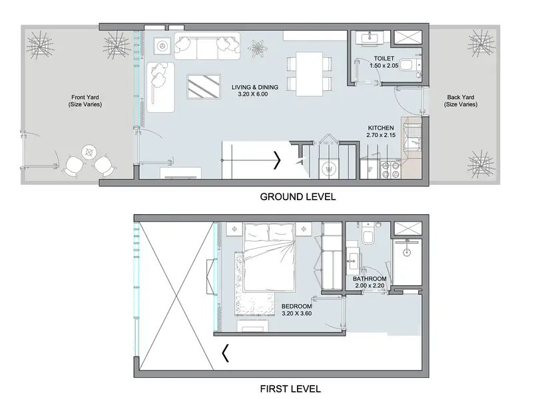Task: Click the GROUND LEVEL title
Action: [298, 197]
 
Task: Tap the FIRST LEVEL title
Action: [290, 389]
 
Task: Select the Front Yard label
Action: [85, 97]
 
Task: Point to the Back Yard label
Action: [461, 97]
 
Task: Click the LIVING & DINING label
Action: [255, 87]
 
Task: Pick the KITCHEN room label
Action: [381, 128]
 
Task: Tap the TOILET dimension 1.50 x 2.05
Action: [384, 66]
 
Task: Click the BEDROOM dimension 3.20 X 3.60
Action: [297, 313]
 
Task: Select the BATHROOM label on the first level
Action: [370, 279]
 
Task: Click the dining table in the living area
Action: [310, 74]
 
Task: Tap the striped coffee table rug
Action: [204, 87]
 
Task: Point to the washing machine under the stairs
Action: [328, 170]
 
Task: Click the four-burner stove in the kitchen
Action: [390, 170]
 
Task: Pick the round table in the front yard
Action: [90, 152]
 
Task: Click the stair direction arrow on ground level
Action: [278, 160]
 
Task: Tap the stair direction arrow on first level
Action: [226, 353]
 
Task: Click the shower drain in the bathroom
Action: [406, 252]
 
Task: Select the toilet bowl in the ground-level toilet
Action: [406, 65]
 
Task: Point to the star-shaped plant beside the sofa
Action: [258, 48]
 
